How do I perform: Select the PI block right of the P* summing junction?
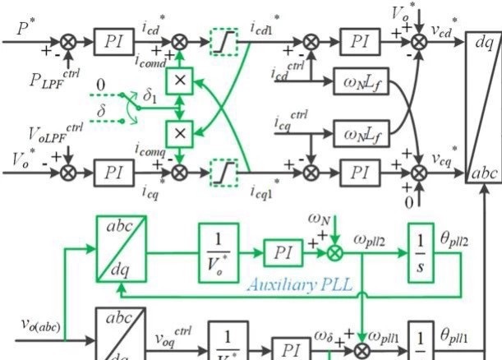(x=110, y=39)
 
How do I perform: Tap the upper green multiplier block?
(x=179, y=81)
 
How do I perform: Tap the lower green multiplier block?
(x=179, y=132)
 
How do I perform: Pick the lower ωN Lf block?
(x=362, y=131)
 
